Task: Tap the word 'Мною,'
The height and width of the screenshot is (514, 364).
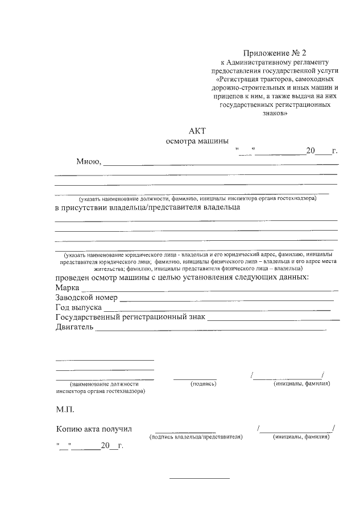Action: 89,161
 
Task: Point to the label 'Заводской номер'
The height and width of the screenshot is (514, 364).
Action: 86,298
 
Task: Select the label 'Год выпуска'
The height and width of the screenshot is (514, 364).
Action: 78,307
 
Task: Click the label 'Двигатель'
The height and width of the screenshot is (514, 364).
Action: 74,328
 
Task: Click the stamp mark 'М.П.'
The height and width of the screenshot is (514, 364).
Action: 65,409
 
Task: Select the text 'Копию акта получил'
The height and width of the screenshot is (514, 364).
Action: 94,429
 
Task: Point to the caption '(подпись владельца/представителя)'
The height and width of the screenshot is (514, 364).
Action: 196,437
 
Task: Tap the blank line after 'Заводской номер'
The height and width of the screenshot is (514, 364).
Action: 226,299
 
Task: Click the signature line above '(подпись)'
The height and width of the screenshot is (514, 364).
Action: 195,378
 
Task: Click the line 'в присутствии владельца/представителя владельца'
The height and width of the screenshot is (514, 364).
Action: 147,207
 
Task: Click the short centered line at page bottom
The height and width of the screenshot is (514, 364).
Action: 200,478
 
